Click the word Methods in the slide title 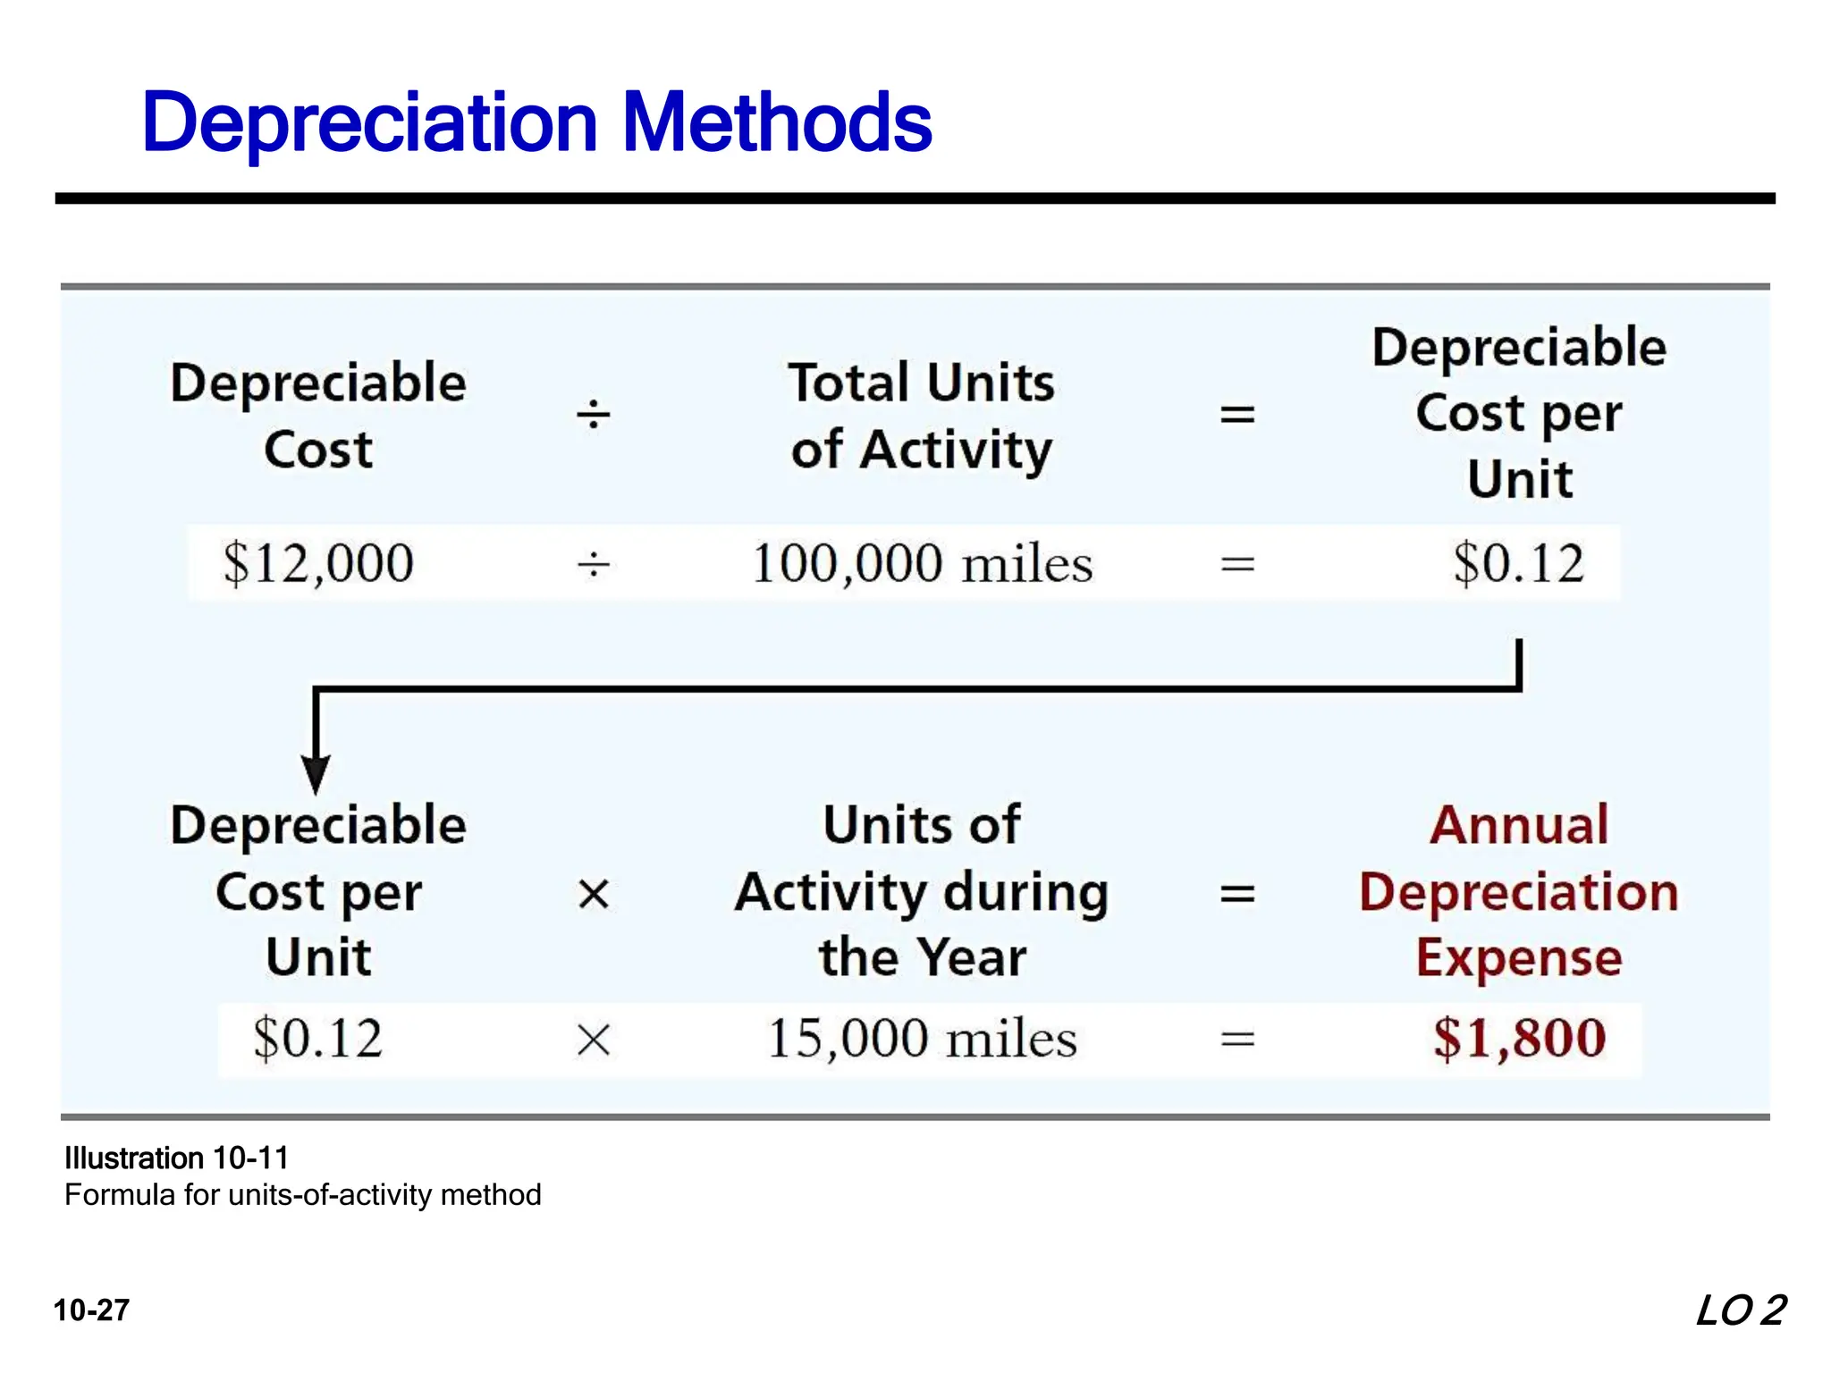[776, 122]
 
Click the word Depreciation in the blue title [369, 122]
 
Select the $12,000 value [318, 563]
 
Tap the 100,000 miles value [922, 563]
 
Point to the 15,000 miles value [922, 1039]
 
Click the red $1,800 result [1519, 1039]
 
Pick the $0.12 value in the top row [1518, 563]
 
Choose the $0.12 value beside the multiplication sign [318, 1039]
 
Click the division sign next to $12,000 [594, 564]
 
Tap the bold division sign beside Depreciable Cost [594, 415]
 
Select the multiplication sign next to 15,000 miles [594, 1040]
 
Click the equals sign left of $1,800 [1237, 1040]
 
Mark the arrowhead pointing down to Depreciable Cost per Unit [316, 772]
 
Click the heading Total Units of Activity [922, 416]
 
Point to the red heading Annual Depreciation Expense [1519, 891]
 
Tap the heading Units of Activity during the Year [922, 891]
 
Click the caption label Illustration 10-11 [177, 1158]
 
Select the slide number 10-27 [92, 1310]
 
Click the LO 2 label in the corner [1740, 1311]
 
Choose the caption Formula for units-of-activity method [303, 1195]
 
